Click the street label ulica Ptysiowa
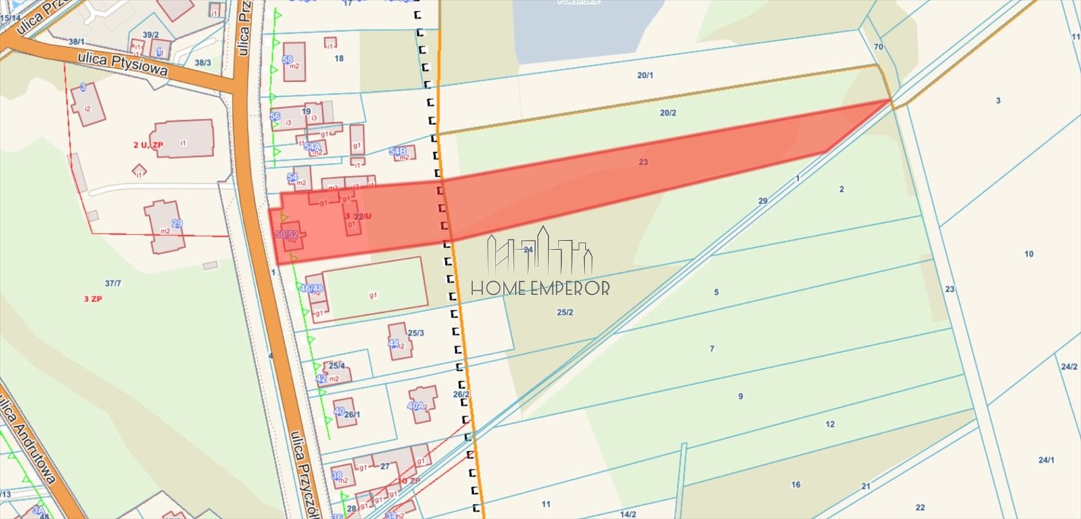click(122, 64)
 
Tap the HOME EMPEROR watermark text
click(540, 289)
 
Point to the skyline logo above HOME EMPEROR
click(540, 250)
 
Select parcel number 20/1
click(645, 76)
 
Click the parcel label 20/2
click(668, 113)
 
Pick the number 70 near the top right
click(878, 47)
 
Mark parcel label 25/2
click(565, 312)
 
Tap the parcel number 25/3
click(416, 333)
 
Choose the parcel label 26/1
click(352, 415)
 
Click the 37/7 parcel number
click(113, 284)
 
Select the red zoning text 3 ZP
click(93, 299)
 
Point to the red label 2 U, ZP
click(148, 145)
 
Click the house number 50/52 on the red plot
click(287, 234)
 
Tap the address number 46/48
click(312, 289)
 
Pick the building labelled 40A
click(417, 406)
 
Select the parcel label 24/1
click(1046, 460)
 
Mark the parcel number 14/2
click(628, 514)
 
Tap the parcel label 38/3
click(203, 63)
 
